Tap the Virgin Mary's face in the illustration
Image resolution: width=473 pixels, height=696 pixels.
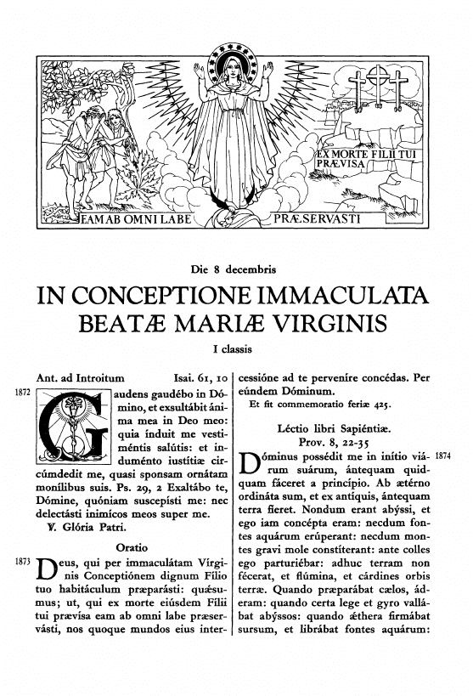click(x=234, y=74)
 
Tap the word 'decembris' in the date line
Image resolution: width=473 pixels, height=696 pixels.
click(x=251, y=270)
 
